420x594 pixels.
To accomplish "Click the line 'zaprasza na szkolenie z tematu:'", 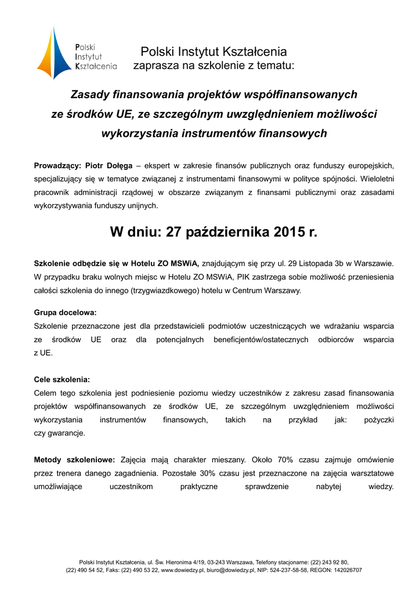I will [213, 66].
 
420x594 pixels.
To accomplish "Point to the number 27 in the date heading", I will [173, 233].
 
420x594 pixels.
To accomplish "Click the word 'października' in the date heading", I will [229, 233].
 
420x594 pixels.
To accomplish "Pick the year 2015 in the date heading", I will [291, 233].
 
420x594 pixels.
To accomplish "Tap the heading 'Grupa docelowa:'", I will [65, 313].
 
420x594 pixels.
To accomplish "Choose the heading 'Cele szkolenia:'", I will [62, 379].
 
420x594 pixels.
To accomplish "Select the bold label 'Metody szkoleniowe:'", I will [74, 460].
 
